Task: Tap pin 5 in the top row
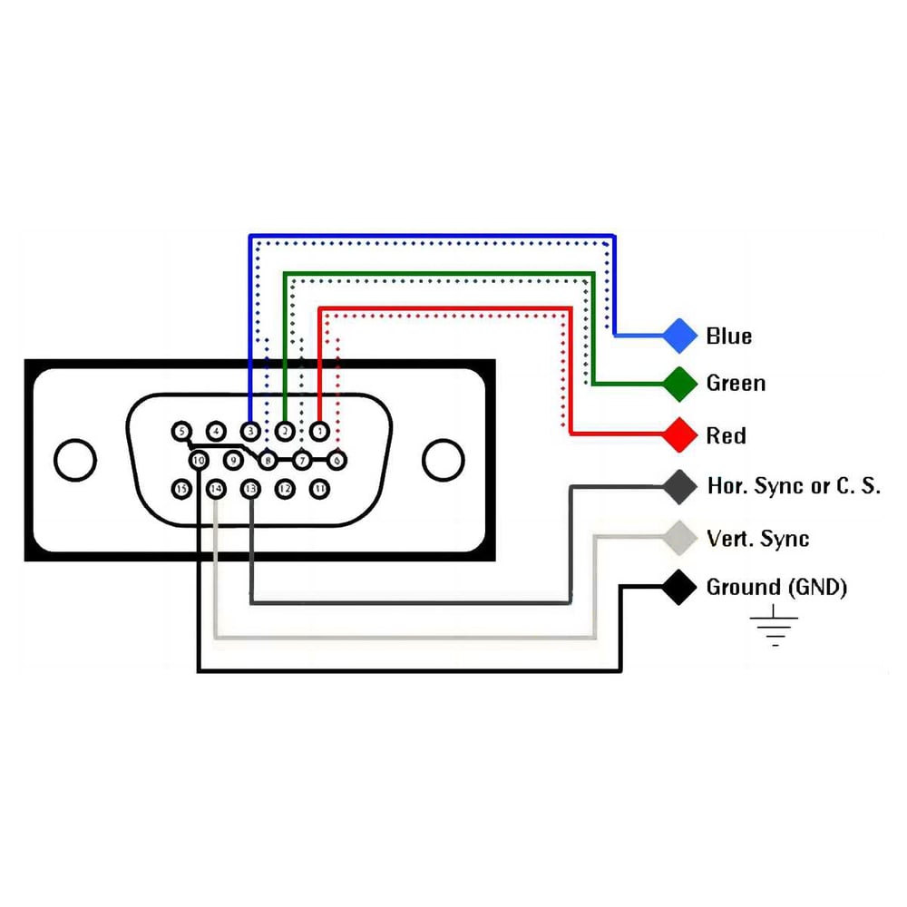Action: point(181,431)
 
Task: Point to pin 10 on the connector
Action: point(199,460)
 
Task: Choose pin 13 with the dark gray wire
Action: point(250,489)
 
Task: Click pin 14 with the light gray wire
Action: point(216,489)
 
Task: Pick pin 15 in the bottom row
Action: point(181,489)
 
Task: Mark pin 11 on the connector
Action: point(319,489)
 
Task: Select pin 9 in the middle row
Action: point(233,460)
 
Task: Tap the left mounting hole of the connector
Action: point(74,460)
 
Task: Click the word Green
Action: point(736,384)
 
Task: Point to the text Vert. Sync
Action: point(757,539)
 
